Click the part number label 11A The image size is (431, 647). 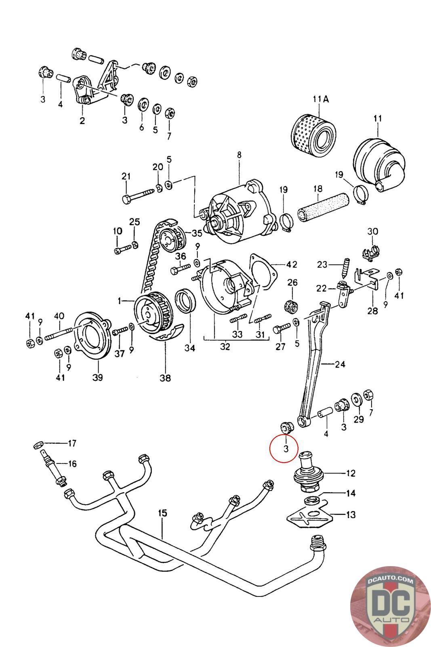pyautogui.click(x=320, y=99)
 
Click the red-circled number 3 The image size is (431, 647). pyautogui.click(x=286, y=448)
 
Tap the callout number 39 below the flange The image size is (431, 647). pyautogui.click(x=98, y=377)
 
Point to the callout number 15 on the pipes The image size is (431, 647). pyautogui.click(x=162, y=513)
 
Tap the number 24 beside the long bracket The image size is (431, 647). pyautogui.click(x=340, y=364)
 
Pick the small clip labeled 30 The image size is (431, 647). pyautogui.click(x=371, y=254)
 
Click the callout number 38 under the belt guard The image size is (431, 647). pyautogui.click(x=165, y=378)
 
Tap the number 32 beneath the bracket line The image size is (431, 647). pyautogui.click(x=225, y=346)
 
